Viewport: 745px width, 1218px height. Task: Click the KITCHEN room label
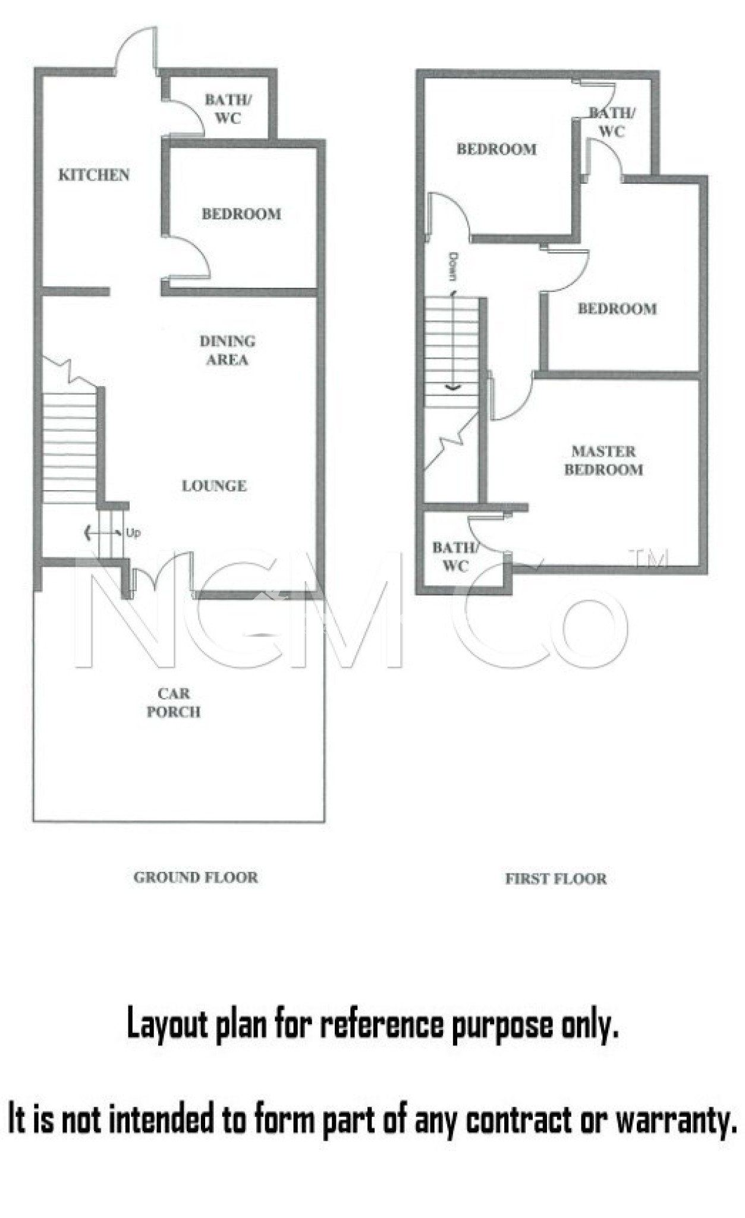point(94,175)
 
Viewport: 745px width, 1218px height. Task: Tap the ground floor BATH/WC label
point(228,109)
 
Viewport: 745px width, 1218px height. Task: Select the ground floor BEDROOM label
point(241,214)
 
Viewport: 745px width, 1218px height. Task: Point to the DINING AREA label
point(228,350)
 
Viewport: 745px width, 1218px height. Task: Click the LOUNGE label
point(214,486)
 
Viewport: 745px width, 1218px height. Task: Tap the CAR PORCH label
point(174,702)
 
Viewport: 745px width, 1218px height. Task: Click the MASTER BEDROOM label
point(603,460)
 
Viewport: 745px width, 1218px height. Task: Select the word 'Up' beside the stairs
point(133,533)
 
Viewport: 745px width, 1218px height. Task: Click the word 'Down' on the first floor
point(453,266)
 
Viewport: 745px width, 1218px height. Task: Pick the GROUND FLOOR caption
point(196,877)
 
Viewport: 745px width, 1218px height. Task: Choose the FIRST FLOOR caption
point(556,879)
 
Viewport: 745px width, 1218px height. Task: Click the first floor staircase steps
point(452,352)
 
